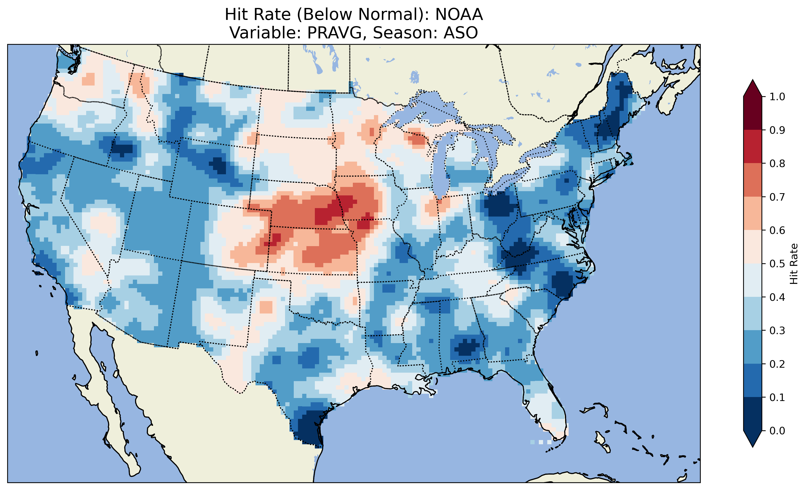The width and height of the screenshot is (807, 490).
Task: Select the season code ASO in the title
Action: click(x=461, y=33)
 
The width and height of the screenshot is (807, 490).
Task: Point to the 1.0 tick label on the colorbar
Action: click(x=777, y=97)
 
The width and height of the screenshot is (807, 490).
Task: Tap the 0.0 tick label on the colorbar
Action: click(x=777, y=431)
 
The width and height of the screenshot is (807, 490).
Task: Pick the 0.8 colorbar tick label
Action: click(x=777, y=163)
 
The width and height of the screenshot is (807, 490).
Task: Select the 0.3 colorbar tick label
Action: click(x=777, y=331)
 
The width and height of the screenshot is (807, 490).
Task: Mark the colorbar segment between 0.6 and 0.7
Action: click(x=753, y=213)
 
